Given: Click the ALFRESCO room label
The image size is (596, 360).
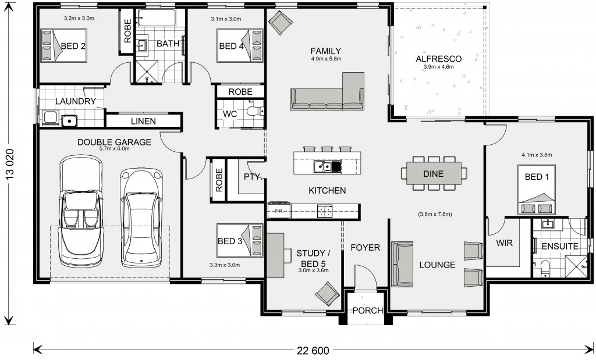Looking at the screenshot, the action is click(x=439, y=59).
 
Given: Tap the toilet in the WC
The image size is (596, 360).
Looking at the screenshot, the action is click(x=255, y=111).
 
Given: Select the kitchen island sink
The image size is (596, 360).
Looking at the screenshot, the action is click(x=327, y=166).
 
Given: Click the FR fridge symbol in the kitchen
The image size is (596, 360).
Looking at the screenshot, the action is click(x=279, y=211).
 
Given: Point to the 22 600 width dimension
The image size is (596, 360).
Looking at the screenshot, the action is click(x=313, y=350).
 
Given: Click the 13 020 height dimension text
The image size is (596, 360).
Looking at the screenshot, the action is click(x=10, y=163).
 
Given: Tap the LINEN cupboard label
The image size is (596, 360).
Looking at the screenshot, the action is click(x=143, y=121).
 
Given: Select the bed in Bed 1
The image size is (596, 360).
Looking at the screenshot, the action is click(x=537, y=190).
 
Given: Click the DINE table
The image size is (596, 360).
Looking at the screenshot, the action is click(x=434, y=173).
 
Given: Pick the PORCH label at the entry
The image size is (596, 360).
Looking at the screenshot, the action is click(x=368, y=311).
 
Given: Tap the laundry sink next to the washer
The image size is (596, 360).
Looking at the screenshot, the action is click(x=69, y=121).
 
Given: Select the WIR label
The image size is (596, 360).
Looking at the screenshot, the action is click(x=505, y=243).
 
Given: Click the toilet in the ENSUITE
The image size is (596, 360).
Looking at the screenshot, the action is click(x=545, y=268).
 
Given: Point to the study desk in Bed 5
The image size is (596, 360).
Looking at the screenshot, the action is click(x=275, y=255).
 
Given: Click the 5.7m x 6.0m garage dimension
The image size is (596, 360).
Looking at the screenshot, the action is click(x=115, y=148).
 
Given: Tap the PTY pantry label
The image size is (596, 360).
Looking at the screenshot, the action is click(x=253, y=177).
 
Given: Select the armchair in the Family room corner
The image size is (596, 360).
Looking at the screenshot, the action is click(x=281, y=23).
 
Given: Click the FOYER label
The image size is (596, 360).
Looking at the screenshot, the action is click(x=366, y=248).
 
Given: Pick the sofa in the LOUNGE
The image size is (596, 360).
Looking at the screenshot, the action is click(x=402, y=264).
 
